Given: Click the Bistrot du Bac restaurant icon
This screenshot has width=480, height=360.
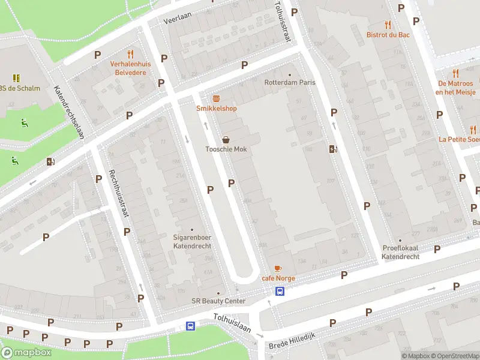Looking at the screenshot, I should pyautogui.click(x=388, y=25).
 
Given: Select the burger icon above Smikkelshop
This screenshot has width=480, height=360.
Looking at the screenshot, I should pyautogui.click(x=216, y=98).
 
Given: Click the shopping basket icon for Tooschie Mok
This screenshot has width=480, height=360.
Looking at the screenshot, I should pyautogui.click(x=226, y=139).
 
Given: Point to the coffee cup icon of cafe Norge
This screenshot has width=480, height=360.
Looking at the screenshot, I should pyautogui.click(x=277, y=268).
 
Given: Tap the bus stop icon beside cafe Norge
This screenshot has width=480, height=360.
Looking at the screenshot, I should pyautogui.click(x=280, y=291).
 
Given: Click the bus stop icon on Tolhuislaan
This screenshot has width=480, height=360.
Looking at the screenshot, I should pyautogui.click(x=190, y=326).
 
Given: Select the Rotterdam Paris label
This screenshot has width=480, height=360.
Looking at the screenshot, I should pyautogui.click(x=290, y=82).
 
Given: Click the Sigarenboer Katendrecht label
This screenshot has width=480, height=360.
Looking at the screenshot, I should pyautogui.click(x=192, y=242).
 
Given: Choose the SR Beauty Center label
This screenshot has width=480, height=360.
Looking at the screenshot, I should pyautogui.click(x=218, y=301).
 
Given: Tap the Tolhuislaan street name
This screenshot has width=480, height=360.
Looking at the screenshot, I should pyautogui.click(x=232, y=325).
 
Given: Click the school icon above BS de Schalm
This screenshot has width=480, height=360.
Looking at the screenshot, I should pyautogui.click(x=16, y=77).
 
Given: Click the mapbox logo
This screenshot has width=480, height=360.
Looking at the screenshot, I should pyautogui.click(x=26, y=352).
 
